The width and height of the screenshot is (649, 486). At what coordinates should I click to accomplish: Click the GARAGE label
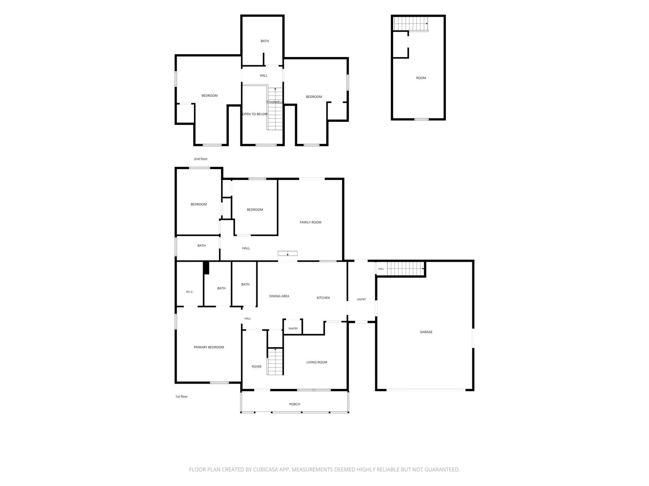pos(426,332)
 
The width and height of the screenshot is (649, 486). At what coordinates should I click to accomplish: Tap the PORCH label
pos(294,404)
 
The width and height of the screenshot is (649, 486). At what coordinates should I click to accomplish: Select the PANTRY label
pos(293,329)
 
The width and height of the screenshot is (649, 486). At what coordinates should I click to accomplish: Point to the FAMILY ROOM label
pos(310,222)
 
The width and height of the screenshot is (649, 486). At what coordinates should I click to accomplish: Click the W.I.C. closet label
pos(190,292)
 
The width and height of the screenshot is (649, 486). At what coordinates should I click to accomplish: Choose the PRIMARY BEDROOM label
pos(209,347)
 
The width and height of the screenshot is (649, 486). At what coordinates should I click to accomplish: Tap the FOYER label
pos(256,367)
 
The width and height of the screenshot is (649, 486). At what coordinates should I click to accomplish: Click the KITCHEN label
pos(323,298)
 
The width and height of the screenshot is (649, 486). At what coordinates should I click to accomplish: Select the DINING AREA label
pos(279,296)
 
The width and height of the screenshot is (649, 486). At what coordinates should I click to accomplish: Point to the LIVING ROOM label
pos(317,362)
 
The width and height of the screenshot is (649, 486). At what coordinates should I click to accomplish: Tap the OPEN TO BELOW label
pos(255,114)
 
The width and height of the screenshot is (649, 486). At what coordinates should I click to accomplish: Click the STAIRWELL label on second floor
pos(274,102)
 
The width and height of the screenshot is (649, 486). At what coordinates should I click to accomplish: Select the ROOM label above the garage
pos(421,78)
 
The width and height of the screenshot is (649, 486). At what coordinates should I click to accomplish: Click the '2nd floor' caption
pos(200,159)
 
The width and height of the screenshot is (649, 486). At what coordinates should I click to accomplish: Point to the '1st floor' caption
pos(182,397)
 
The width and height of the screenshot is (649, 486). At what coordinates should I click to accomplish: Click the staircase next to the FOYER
pos(275,361)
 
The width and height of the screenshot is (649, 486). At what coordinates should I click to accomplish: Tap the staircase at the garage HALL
pos(405,269)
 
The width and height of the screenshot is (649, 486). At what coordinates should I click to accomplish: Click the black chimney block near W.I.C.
pos(206,268)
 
